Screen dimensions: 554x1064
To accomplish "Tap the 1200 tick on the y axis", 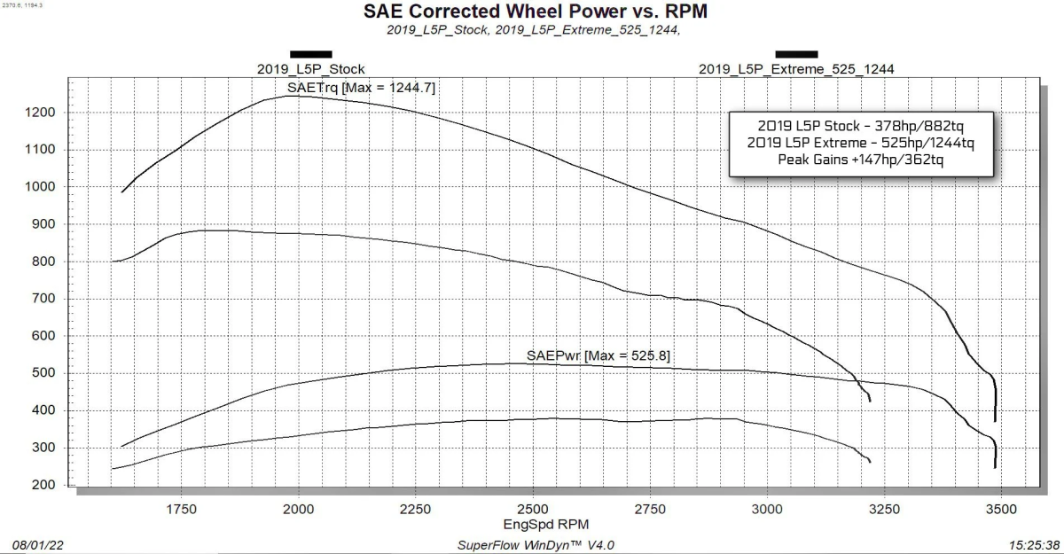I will click(42, 113).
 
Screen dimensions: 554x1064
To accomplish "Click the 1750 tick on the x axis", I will click(181, 509).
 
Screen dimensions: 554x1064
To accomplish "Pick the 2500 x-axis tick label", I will click(532, 509).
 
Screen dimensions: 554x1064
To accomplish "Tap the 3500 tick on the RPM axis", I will click(1001, 509).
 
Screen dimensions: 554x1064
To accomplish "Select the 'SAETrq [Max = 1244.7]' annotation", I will click(361, 88).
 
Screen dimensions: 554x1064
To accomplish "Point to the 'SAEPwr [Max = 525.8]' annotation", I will click(598, 355).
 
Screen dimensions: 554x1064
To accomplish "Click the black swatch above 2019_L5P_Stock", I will click(310, 54).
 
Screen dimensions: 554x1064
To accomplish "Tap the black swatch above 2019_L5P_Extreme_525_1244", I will click(796, 54).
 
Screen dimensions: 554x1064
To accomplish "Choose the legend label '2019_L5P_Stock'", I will click(310, 69).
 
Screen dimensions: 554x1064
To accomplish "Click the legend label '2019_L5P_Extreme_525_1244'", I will click(796, 69).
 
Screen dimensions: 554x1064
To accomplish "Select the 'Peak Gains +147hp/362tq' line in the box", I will click(861, 160).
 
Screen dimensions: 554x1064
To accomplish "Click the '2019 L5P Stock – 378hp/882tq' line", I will click(861, 126).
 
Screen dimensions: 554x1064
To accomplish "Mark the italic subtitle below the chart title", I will click(533, 30).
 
